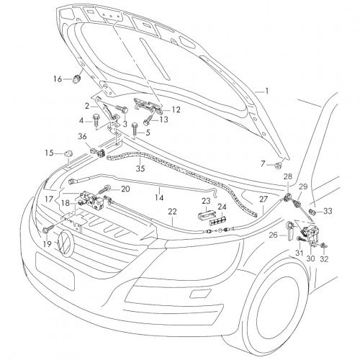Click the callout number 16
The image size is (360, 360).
click(58, 79)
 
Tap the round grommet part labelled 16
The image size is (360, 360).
click(76, 78)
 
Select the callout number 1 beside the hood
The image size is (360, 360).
click(266, 91)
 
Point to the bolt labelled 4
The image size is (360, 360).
click(96, 121)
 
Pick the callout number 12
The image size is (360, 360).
click(176, 110)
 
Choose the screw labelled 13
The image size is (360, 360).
click(149, 120)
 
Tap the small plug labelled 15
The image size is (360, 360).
click(68, 153)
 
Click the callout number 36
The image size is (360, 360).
click(82, 137)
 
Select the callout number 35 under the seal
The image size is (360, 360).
click(140, 168)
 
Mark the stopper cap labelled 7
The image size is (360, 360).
click(278, 165)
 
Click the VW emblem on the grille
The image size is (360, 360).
click(65, 242)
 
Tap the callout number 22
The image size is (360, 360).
click(172, 212)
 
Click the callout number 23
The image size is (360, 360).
click(206, 201)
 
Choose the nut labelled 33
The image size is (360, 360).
click(312, 212)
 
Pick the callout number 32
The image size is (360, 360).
click(324, 259)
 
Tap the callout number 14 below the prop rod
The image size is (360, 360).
click(159, 197)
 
